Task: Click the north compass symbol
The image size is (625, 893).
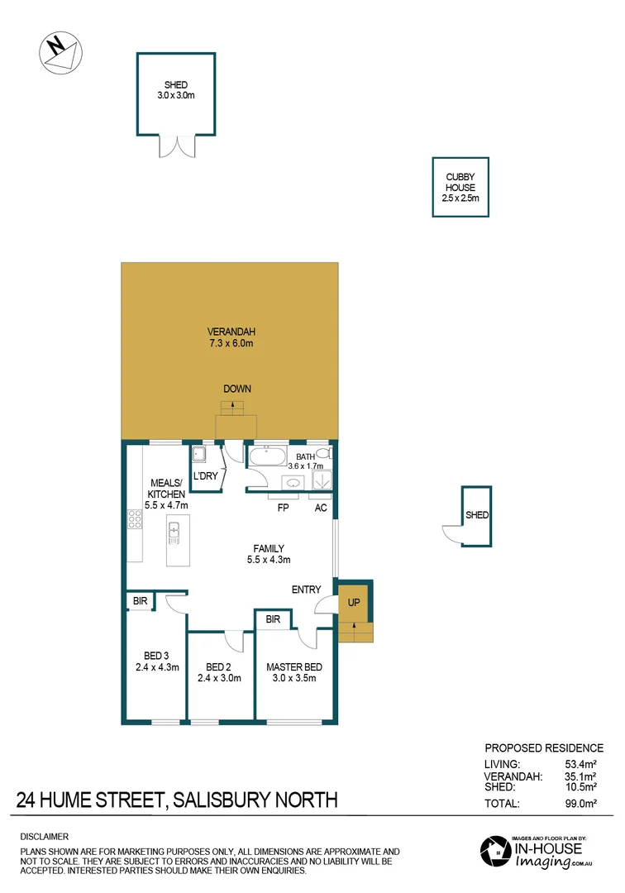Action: pyautogui.click(x=60, y=51)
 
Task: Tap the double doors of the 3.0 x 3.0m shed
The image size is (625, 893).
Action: pyautogui.click(x=176, y=146)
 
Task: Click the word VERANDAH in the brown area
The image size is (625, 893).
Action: pyautogui.click(x=229, y=332)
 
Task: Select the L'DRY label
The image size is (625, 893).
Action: pyautogui.click(x=205, y=476)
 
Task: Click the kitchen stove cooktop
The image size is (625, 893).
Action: pyautogui.click(x=135, y=519)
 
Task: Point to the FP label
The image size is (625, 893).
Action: pyautogui.click(x=282, y=509)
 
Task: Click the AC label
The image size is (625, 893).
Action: pyautogui.click(x=321, y=509)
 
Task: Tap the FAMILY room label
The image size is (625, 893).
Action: pyautogui.click(x=269, y=548)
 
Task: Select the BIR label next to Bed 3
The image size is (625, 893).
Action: pyautogui.click(x=140, y=602)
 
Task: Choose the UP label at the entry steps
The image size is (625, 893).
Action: pyautogui.click(x=354, y=604)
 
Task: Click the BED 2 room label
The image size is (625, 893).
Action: pyautogui.click(x=219, y=667)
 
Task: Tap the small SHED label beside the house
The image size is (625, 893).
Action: pyautogui.click(x=477, y=515)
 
